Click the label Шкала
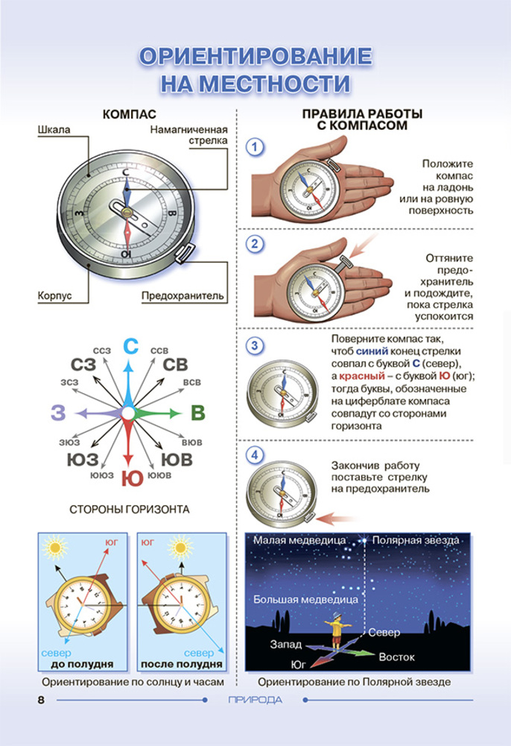point(54,129)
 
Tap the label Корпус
point(54,295)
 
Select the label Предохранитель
point(182,295)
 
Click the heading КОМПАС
point(129,114)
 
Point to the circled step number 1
point(255,146)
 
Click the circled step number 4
point(255,455)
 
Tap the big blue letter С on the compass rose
point(130,346)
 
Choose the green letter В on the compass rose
point(197,413)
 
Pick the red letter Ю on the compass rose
point(132,478)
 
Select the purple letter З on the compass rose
point(58,413)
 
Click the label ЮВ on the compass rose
point(177,460)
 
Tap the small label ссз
point(101,350)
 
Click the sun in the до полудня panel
point(56,548)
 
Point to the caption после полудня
point(182,664)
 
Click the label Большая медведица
point(305,600)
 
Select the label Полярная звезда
point(416,540)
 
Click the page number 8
point(41,700)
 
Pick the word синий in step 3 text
point(372,351)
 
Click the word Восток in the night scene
point(396,657)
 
